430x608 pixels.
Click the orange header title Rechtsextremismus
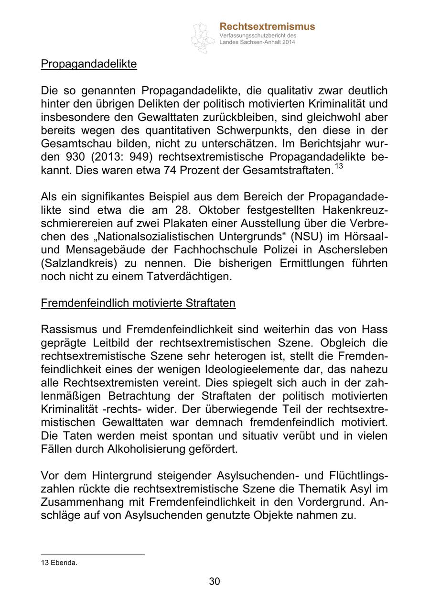coord(267,27)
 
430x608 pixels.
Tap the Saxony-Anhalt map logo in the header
coord(203,37)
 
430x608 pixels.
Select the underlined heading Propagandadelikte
coord(89,64)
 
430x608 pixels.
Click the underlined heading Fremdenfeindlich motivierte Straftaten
coord(138,303)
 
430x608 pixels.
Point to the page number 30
coord(215,581)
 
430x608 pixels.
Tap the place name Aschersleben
coord(353,250)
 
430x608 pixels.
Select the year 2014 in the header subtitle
coord(288,42)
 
